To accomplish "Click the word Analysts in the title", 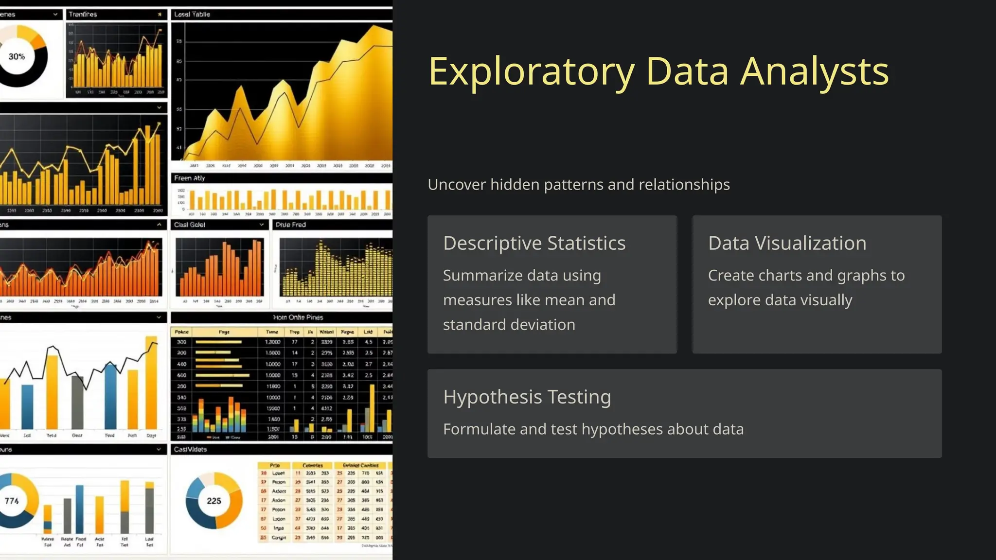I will point(815,72).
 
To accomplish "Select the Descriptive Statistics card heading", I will point(534,243).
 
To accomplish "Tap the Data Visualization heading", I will point(787,243).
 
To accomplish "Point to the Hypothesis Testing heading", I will point(527,397).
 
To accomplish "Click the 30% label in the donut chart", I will point(17,56).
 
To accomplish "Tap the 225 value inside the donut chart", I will point(214,501).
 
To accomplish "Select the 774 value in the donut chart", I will point(12,501).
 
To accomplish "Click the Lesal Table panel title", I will point(192,15).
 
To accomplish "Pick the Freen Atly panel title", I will point(190,178).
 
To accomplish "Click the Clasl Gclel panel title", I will point(190,225).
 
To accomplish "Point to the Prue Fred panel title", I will point(290,225).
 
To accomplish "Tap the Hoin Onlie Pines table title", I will point(298,317).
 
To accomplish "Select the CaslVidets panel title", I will point(190,450).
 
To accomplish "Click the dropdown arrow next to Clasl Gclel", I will point(262,225).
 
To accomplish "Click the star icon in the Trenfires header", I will point(160,15).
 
